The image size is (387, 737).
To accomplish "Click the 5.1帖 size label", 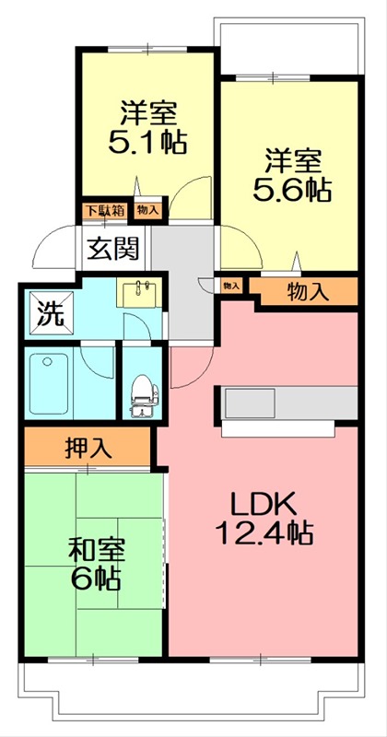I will pos(147,143).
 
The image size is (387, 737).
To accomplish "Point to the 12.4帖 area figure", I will pos(262,532).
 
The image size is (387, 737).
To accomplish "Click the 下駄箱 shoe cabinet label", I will pos(106,210).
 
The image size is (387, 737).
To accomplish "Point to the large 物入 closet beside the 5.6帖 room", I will pos(307,293).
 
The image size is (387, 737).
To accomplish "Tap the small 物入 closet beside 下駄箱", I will pos(147,210).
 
